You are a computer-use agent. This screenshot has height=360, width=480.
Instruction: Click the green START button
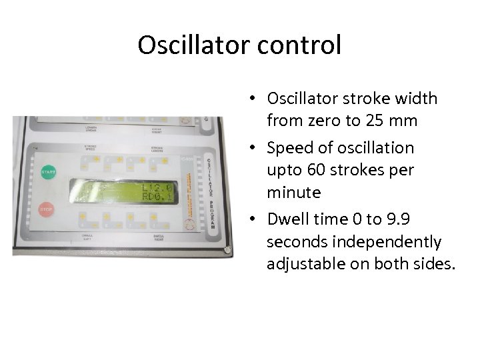tap(47, 172)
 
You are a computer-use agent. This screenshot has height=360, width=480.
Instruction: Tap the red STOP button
tap(46, 209)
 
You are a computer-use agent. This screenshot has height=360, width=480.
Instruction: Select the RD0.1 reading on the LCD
tap(159, 198)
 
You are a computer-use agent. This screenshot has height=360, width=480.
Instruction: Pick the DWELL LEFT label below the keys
tap(87, 237)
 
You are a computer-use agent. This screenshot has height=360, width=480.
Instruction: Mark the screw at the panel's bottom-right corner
tap(227, 251)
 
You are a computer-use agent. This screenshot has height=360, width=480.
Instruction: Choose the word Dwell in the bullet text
tap(287, 219)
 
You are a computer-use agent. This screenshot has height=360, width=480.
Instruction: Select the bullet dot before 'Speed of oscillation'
tap(255, 148)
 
